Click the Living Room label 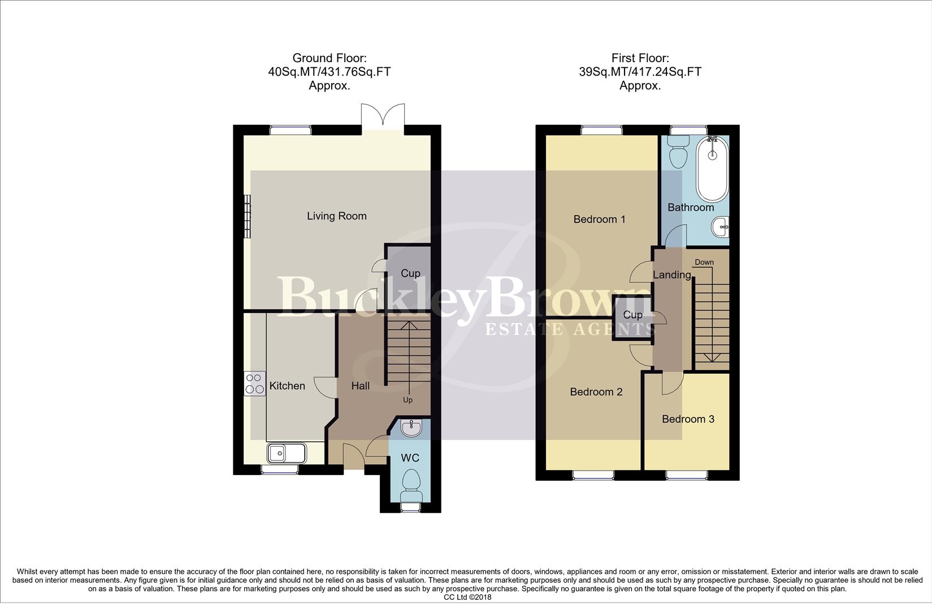point(336,216)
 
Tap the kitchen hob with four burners point(254,384)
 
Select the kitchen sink point(287,452)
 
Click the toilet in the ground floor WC point(410,485)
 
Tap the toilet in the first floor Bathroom point(677,151)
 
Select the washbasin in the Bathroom point(721,228)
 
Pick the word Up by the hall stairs point(408,400)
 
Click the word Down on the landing point(704,262)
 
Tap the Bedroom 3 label point(688,419)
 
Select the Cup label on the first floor point(632,315)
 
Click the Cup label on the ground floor point(410,273)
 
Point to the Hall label point(361,386)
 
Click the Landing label point(672,275)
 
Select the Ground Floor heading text point(330,72)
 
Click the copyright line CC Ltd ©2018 point(467,597)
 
